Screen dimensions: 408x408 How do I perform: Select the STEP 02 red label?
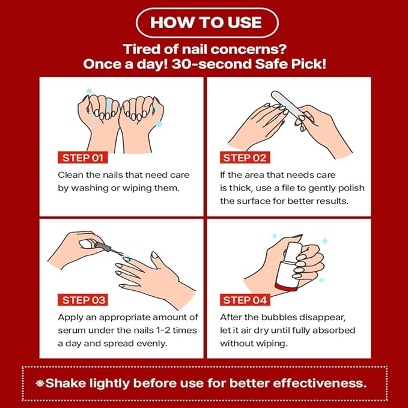[x=245, y=158]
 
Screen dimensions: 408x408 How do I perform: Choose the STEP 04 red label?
[x=245, y=300]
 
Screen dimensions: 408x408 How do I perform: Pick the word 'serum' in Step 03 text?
[x=72, y=330]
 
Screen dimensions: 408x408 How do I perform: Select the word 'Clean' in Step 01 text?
[x=70, y=175]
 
